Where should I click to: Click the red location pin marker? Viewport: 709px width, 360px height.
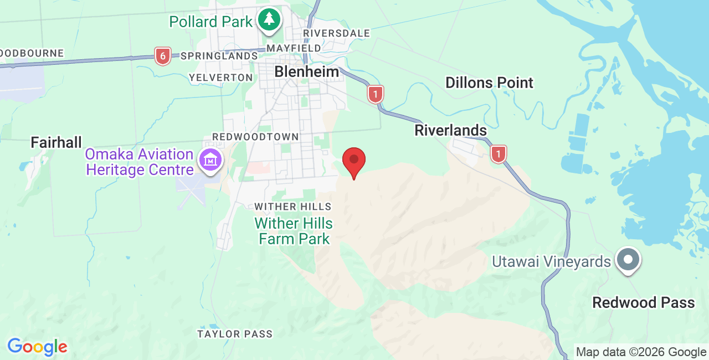coord(354,161)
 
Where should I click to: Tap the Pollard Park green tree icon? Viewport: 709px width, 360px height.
coord(269,20)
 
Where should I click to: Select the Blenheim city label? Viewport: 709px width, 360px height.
coord(306,71)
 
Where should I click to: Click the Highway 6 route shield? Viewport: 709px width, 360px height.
coord(162,55)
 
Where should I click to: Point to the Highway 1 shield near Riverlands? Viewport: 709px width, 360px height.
coord(499,153)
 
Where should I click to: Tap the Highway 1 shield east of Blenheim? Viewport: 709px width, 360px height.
coord(376,94)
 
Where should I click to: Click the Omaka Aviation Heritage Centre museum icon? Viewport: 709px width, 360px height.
coord(210,161)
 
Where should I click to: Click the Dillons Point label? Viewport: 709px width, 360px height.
coord(489,83)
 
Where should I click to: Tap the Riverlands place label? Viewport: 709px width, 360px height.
coord(451,131)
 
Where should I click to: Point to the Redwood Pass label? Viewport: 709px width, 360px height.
coord(643,302)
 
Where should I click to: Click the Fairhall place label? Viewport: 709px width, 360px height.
coord(56,142)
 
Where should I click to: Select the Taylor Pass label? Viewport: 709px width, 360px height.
coord(235,334)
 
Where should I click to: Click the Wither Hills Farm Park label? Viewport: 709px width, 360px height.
coord(294,231)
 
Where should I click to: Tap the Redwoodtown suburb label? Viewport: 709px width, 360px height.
coord(255,137)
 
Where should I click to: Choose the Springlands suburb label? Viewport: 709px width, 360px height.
coord(219,56)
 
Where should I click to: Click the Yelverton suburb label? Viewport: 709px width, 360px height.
coord(220,78)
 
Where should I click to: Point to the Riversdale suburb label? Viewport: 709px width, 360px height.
coord(336,33)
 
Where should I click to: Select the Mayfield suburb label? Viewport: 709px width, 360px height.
coord(294,48)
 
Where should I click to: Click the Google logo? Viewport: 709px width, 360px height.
coord(37,347)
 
